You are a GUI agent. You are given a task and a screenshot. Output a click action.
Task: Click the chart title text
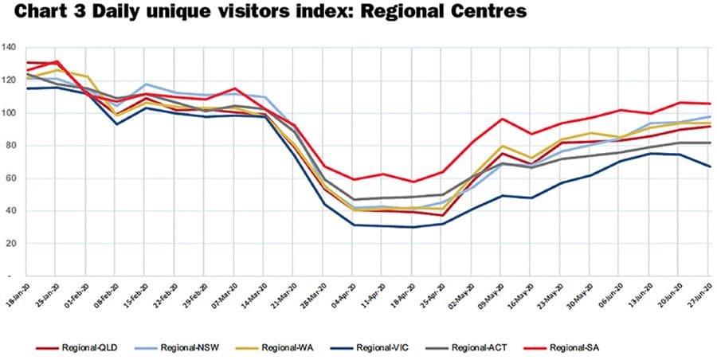(262, 14)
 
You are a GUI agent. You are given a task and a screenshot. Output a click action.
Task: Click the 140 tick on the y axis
(9, 48)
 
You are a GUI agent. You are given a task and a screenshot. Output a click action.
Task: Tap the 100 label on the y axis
(9, 113)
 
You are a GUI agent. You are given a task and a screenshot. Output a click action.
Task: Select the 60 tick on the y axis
(11, 178)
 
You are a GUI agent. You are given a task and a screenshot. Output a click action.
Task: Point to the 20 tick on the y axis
(11, 244)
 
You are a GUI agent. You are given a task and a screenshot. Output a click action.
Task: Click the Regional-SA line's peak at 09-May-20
(503, 119)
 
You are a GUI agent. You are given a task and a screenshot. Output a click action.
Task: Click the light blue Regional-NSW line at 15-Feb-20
(145, 84)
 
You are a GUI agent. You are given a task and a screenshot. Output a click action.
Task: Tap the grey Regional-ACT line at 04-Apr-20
(354, 199)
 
